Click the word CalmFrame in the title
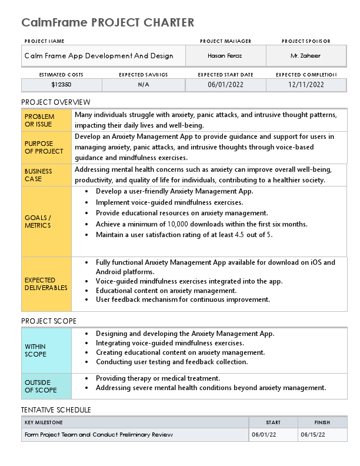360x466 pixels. (x=55, y=23)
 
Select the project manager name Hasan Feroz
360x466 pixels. (x=225, y=56)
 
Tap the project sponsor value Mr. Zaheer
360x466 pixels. (x=305, y=56)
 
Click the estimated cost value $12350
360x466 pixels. (x=61, y=85)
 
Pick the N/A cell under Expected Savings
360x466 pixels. (x=144, y=85)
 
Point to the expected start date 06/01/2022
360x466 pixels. (x=225, y=85)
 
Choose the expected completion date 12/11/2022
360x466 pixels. (x=306, y=85)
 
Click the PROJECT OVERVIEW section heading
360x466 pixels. (x=56, y=102)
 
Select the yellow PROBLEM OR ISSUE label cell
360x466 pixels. (x=46, y=121)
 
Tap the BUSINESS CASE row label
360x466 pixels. (x=46, y=175)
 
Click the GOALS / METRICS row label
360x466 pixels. (x=46, y=221)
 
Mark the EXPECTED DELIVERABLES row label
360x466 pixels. (x=46, y=284)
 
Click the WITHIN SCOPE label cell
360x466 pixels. (x=46, y=351)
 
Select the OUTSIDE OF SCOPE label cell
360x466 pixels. (x=46, y=386)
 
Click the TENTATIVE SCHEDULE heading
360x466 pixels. (x=56, y=410)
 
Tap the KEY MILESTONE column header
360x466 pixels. (x=44, y=422)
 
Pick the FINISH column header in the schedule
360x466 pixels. (x=321, y=422)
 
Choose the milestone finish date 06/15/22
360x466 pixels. (x=312, y=435)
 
